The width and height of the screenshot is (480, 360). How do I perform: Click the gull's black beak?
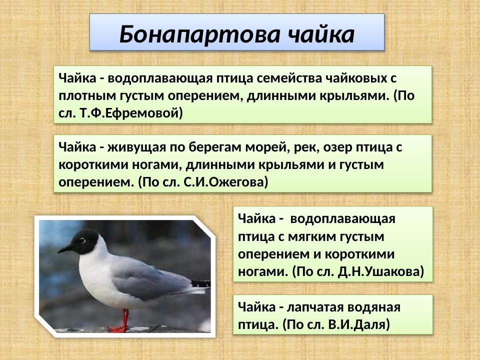coord(65,248)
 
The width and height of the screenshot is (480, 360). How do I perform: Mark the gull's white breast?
coord(90,280)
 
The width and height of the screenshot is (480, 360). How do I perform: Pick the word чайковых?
coord(361,78)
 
